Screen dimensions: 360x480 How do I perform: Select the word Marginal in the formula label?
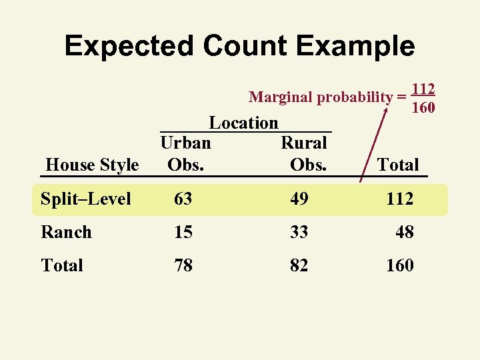coord(280,97)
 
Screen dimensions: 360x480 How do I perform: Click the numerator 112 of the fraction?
coord(423,89)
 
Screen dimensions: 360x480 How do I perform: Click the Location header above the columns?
coord(244,123)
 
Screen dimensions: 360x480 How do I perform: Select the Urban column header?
coord(186,143)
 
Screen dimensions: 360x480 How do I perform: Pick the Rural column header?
coord(304,143)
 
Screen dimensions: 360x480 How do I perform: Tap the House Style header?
coord(92,165)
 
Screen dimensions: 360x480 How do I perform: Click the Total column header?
coord(398,165)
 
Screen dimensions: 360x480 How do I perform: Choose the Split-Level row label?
coord(86,199)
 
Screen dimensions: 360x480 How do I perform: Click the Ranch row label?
coord(66,232)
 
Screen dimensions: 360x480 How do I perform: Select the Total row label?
coord(62,265)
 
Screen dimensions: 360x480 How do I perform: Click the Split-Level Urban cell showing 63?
coord(183,199)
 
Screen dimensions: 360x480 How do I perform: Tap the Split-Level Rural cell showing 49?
coord(299,199)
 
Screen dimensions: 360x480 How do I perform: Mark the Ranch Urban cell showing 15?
coord(183,232)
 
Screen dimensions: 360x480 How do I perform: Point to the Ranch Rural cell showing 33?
coord(299,232)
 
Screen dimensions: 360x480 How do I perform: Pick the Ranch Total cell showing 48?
coord(405,232)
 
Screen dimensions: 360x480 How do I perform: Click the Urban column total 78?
coord(183,265)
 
